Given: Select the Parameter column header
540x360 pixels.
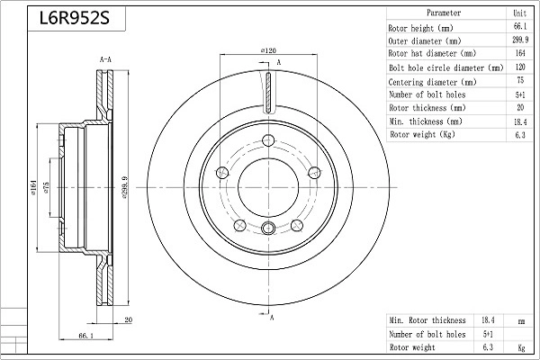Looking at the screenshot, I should pyautogui.click(x=444, y=14).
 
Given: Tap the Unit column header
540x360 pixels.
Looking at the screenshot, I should pyautogui.click(x=519, y=14).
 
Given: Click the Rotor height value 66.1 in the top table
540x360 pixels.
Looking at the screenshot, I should pyautogui.click(x=519, y=28).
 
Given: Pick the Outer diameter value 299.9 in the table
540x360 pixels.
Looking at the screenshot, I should pyautogui.click(x=519, y=41).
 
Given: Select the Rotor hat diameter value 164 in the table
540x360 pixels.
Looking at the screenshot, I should pyautogui.click(x=519, y=54).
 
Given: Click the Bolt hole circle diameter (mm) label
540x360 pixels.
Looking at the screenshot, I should pyautogui.click(x=445, y=67).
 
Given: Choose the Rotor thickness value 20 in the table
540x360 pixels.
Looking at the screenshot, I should pyautogui.click(x=519, y=107).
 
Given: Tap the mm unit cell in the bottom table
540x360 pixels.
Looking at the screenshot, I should pyautogui.click(x=519, y=320).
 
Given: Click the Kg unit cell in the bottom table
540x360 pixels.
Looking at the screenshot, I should pyautogui.click(x=519, y=346).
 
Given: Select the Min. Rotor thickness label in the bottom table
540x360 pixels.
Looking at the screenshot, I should pyautogui.click(x=427, y=320).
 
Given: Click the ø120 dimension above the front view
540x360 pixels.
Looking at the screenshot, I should pyautogui.click(x=267, y=51).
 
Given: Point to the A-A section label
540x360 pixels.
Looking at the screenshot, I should pyautogui.click(x=104, y=59).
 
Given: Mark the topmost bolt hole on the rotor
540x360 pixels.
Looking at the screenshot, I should pyautogui.click(x=268, y=139).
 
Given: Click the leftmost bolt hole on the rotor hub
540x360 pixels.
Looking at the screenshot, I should pyautogui.click(x=223, y=172).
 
